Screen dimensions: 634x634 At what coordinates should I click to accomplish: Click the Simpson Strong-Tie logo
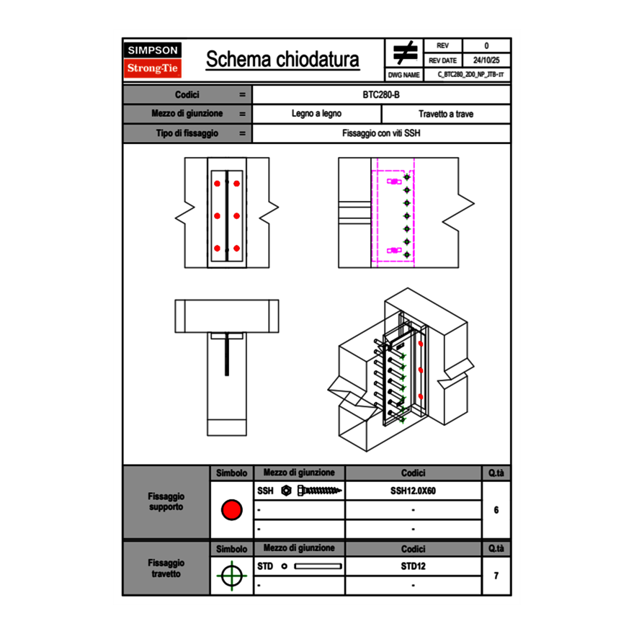pos(153,60)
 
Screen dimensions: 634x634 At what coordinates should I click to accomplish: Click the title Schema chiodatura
pos(282,60)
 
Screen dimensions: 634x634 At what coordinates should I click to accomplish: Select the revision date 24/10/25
pos(486,61)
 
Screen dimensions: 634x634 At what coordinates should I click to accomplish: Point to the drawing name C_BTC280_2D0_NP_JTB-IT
pos(470,74)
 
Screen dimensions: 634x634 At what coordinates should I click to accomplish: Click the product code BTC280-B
pos(382,94)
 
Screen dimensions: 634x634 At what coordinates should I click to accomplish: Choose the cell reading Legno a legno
pos(316,114)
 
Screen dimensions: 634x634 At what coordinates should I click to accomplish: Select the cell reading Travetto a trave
pos(446,114)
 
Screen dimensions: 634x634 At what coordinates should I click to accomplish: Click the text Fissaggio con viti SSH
pos(382,133)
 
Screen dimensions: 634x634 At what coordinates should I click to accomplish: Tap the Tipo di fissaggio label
pos(186,133)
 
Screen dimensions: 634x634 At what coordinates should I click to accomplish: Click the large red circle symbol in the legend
pos(231,510)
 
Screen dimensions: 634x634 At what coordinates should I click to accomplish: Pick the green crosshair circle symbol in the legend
pos(231,576)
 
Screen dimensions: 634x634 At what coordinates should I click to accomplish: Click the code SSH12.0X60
pos(413,491)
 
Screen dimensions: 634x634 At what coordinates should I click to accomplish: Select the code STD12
pos(413,566)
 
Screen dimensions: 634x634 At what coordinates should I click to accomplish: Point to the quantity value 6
pos(496,510)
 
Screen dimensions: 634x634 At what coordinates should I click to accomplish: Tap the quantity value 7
pos(496,576)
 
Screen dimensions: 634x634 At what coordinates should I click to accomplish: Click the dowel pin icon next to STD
pos(317,566)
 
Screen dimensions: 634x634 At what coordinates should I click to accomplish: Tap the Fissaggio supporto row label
pos(166,501)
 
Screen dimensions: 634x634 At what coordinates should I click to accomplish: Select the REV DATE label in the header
pos(443,61)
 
